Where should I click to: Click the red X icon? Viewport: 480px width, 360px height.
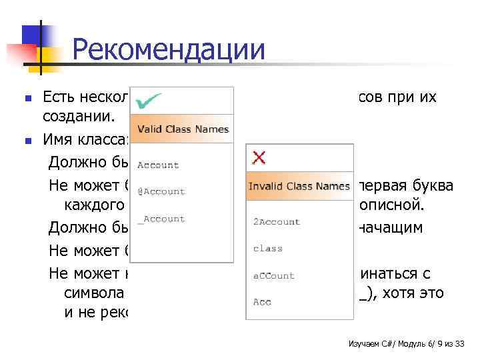[259, 157]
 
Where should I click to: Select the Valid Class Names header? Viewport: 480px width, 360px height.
[183, 129]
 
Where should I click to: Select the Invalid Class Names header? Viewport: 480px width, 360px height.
[299, 186]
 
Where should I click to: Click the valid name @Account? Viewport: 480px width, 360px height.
[161, 191]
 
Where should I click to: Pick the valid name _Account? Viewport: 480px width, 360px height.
[161, 219]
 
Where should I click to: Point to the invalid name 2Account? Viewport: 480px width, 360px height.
[277, 221]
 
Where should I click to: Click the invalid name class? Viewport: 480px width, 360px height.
[268, 248]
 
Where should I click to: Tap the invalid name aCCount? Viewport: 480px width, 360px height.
[274, 275]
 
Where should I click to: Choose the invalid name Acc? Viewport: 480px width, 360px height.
[263, 302]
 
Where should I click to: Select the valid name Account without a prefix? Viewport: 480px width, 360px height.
[159, 165]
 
